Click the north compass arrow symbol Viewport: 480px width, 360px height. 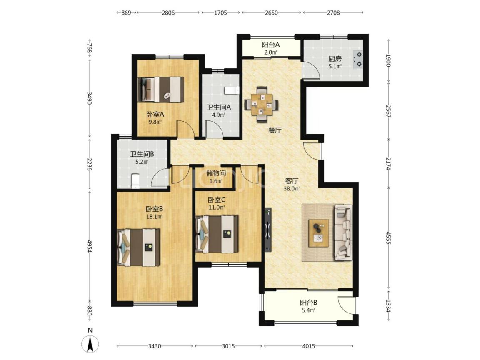[90, 344]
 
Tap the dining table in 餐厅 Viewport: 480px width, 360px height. [261, 105]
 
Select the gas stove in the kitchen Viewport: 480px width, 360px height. [358, 60]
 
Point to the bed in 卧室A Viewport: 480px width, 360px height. [161, 90]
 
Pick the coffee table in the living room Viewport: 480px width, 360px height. [319, 233]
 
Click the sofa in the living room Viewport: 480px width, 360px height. [343, 232]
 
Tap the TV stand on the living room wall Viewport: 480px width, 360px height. [268, 230]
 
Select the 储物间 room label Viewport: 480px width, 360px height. [216, 173]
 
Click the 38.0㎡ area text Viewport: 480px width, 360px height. [291, 189]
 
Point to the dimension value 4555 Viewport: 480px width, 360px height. [388, 237]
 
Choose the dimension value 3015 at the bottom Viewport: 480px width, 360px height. [228, 346]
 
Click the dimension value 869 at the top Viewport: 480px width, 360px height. [126, 12]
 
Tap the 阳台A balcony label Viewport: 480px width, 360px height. [270, 45]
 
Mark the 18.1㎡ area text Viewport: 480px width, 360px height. [154, 217]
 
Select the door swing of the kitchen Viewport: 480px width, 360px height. [311, 71]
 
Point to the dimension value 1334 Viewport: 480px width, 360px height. [388, 305]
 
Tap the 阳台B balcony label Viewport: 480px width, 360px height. [308, 303]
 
